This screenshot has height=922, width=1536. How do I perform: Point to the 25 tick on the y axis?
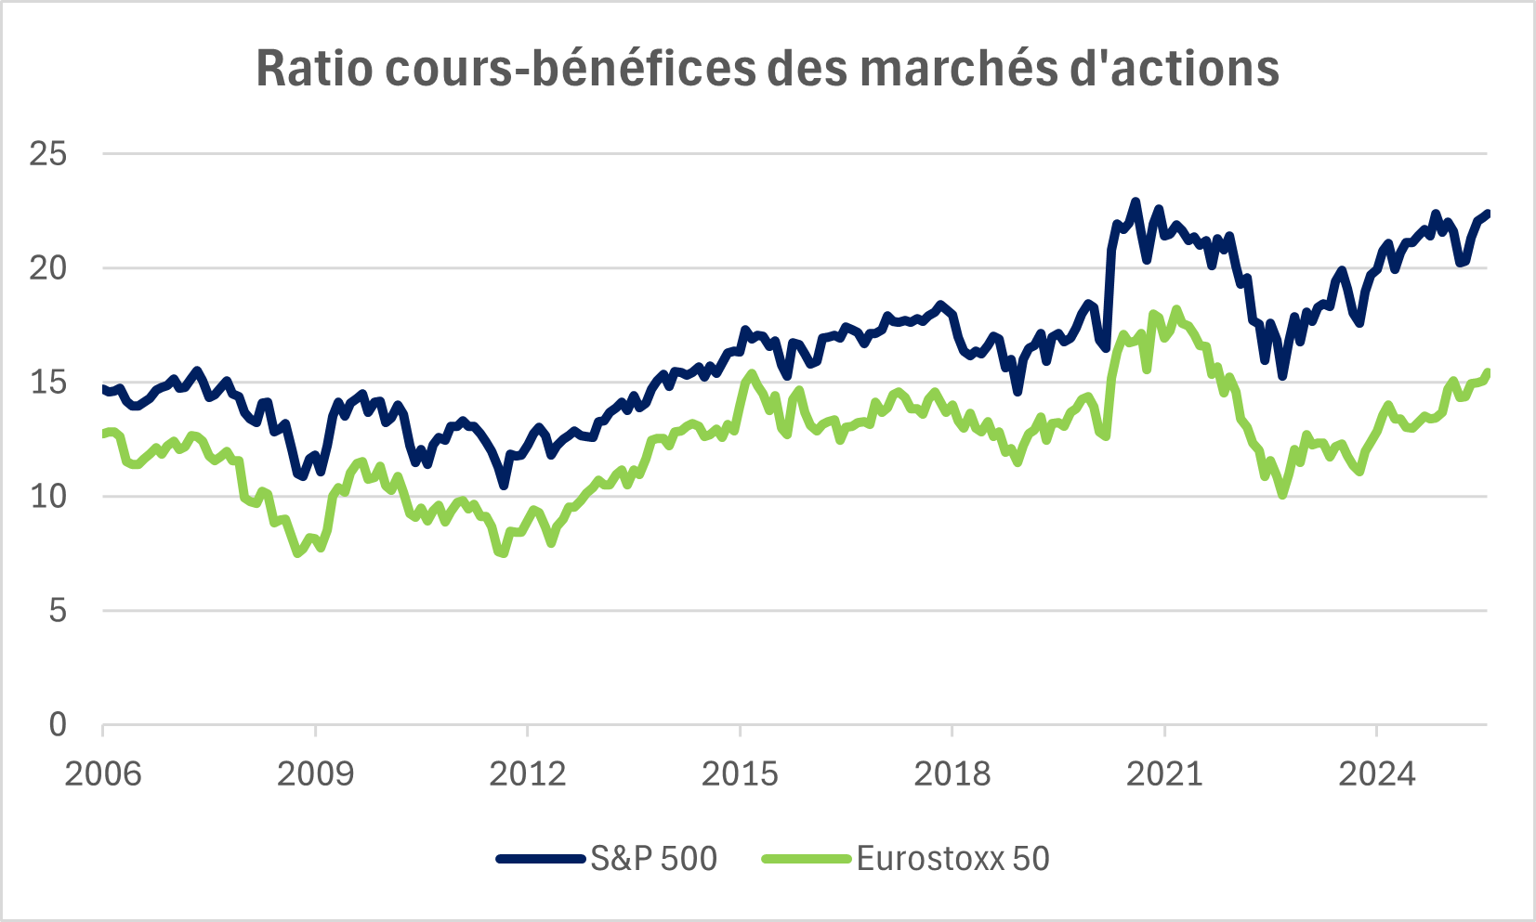point(48,153)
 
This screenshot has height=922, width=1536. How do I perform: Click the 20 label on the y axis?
point(48,267)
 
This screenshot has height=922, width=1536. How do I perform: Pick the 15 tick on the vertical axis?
point(48,382)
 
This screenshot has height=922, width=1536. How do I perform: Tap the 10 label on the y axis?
point(48,496)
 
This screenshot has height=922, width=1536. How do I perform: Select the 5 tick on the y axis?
point(58,610)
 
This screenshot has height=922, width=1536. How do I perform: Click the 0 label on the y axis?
point(58,724)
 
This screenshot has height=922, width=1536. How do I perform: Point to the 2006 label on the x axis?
point(103,773)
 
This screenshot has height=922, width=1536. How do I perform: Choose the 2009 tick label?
point(315,773)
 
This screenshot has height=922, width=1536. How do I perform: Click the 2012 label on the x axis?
point(527,773)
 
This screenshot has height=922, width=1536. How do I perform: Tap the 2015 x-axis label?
point(740,773)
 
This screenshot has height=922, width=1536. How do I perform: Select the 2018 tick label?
point(952,773)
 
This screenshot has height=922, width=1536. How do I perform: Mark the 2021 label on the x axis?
point(1164,773)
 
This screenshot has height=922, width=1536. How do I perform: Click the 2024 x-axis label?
point(1376,773)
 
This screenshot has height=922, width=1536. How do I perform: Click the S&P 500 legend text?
point(653,859)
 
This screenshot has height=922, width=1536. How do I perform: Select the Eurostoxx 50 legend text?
point(952,859)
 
